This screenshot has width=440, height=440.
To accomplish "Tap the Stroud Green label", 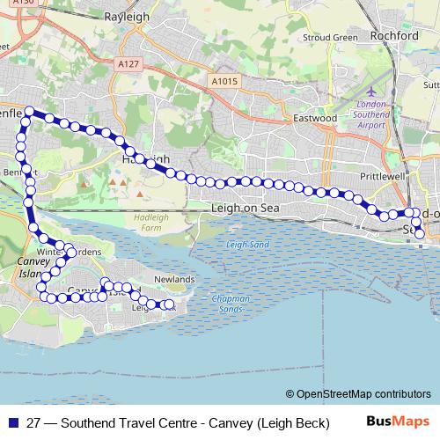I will point(329,38).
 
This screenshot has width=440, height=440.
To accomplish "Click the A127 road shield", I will point(128,63).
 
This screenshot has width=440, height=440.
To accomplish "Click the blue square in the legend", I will point(11,422).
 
